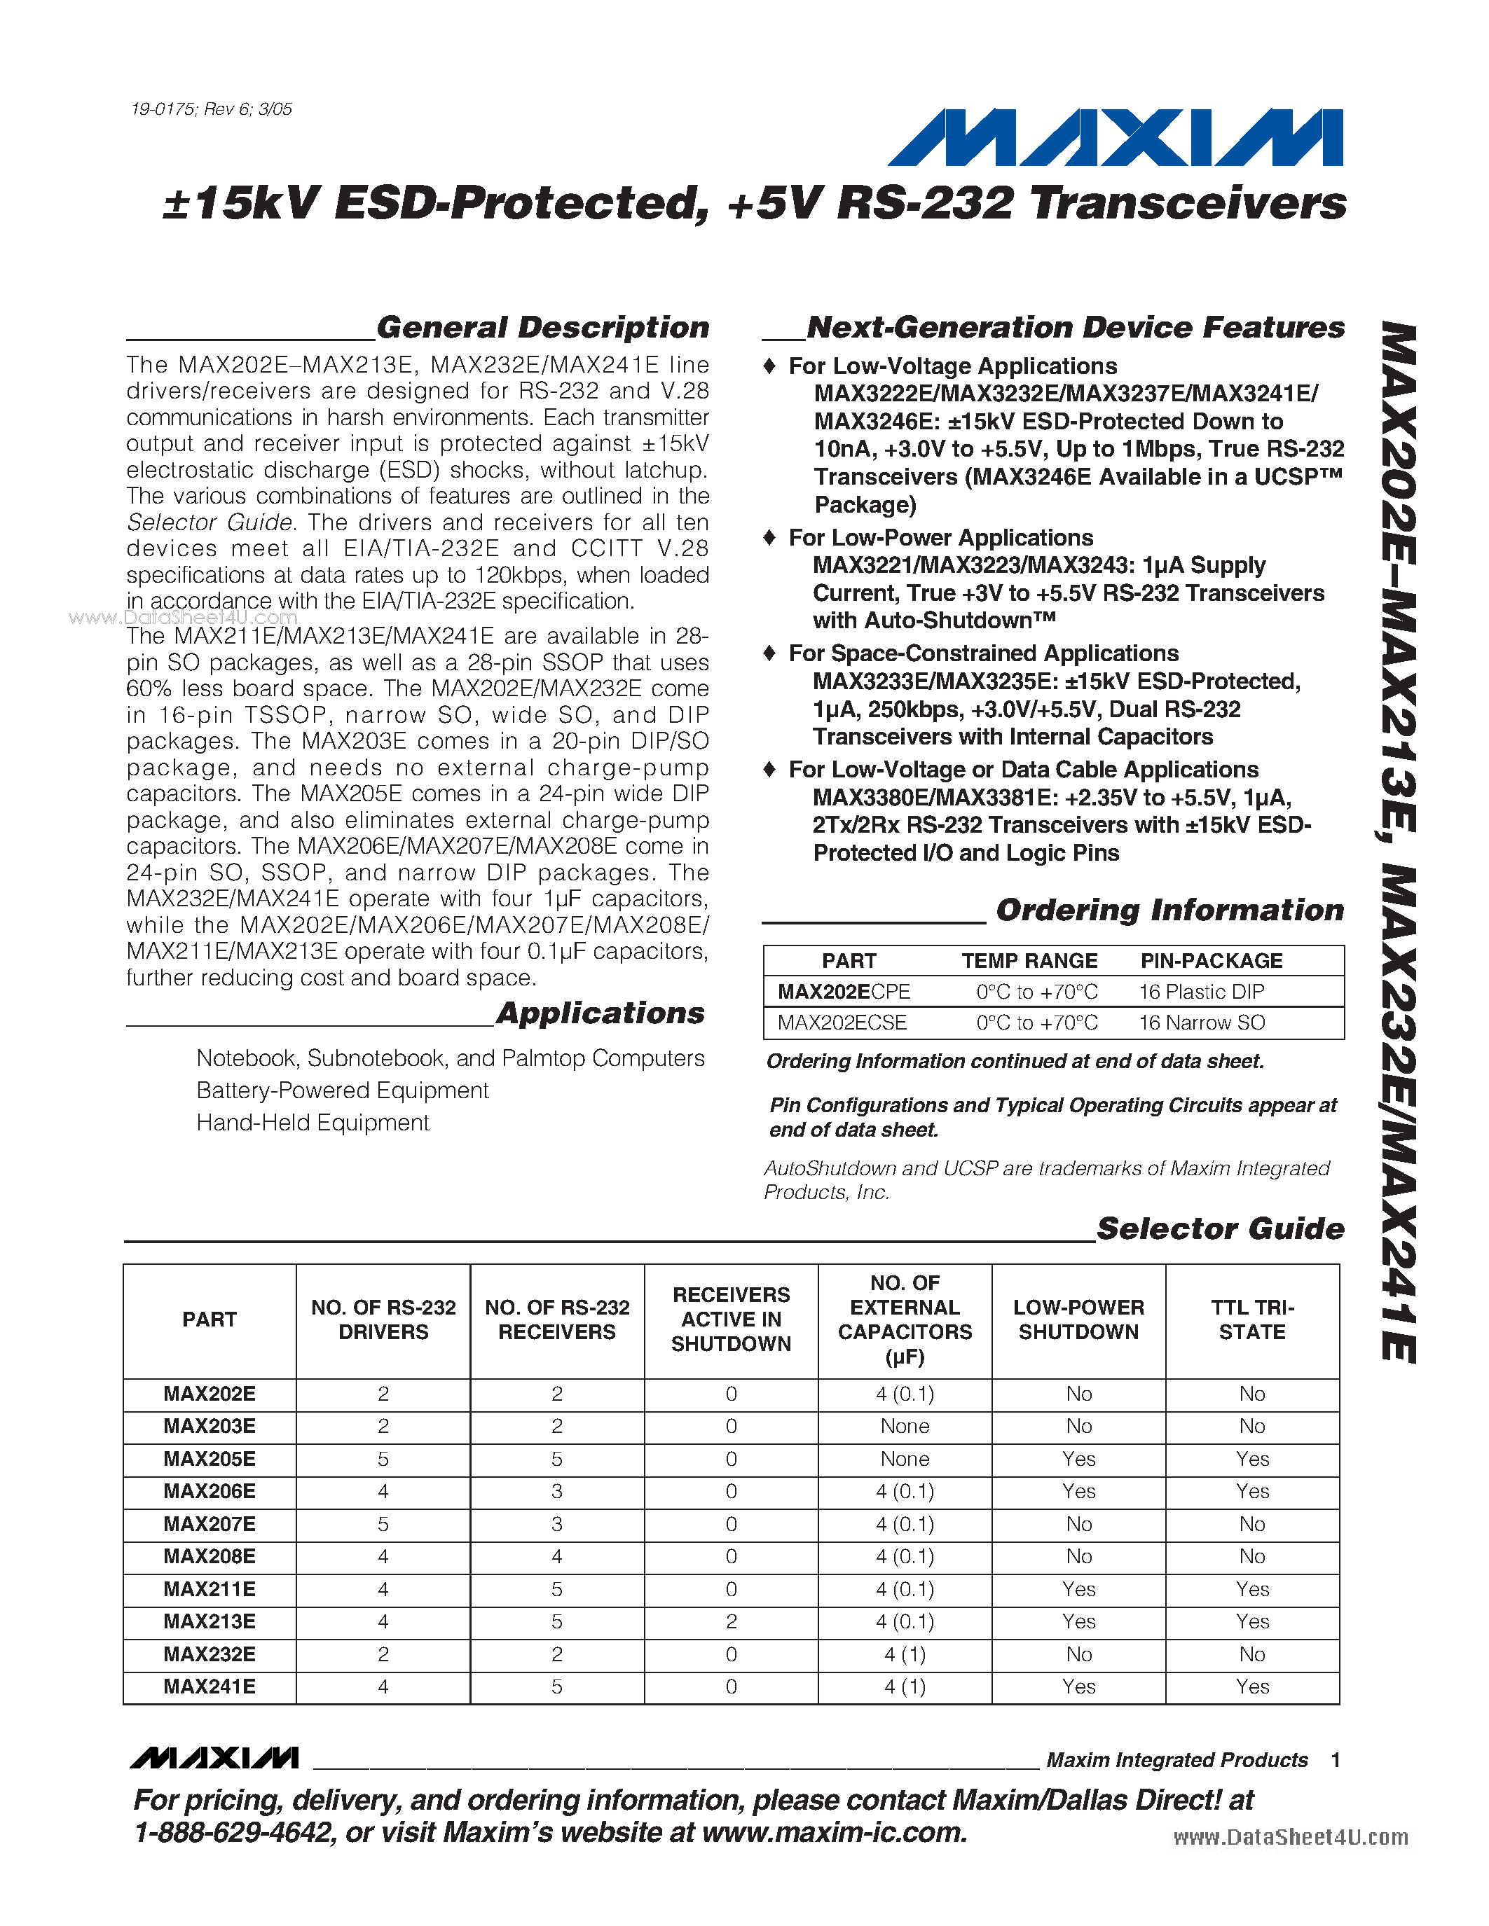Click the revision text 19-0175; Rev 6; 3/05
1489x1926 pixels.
[211, 109]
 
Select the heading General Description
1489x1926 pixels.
[542, 327]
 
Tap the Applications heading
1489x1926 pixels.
[600, 1013]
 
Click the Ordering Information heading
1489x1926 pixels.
[1169, 910]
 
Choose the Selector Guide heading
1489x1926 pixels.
[1220, 1228]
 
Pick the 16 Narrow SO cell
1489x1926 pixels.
[1202, 1023]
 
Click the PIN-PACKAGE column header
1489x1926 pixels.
[1211, 961]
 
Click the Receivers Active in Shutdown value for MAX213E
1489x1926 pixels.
[732, 1622]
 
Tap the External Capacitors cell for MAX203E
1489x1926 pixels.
[904, 1426]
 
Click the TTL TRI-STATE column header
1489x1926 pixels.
[1251, 1319]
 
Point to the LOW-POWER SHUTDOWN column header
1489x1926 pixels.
[1078, 1319]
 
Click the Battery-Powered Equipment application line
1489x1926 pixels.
[342, 1091]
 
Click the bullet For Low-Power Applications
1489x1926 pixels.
[940, 538]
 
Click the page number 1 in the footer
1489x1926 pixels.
[1336, 1760]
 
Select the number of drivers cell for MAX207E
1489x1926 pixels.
[383, 1524]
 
